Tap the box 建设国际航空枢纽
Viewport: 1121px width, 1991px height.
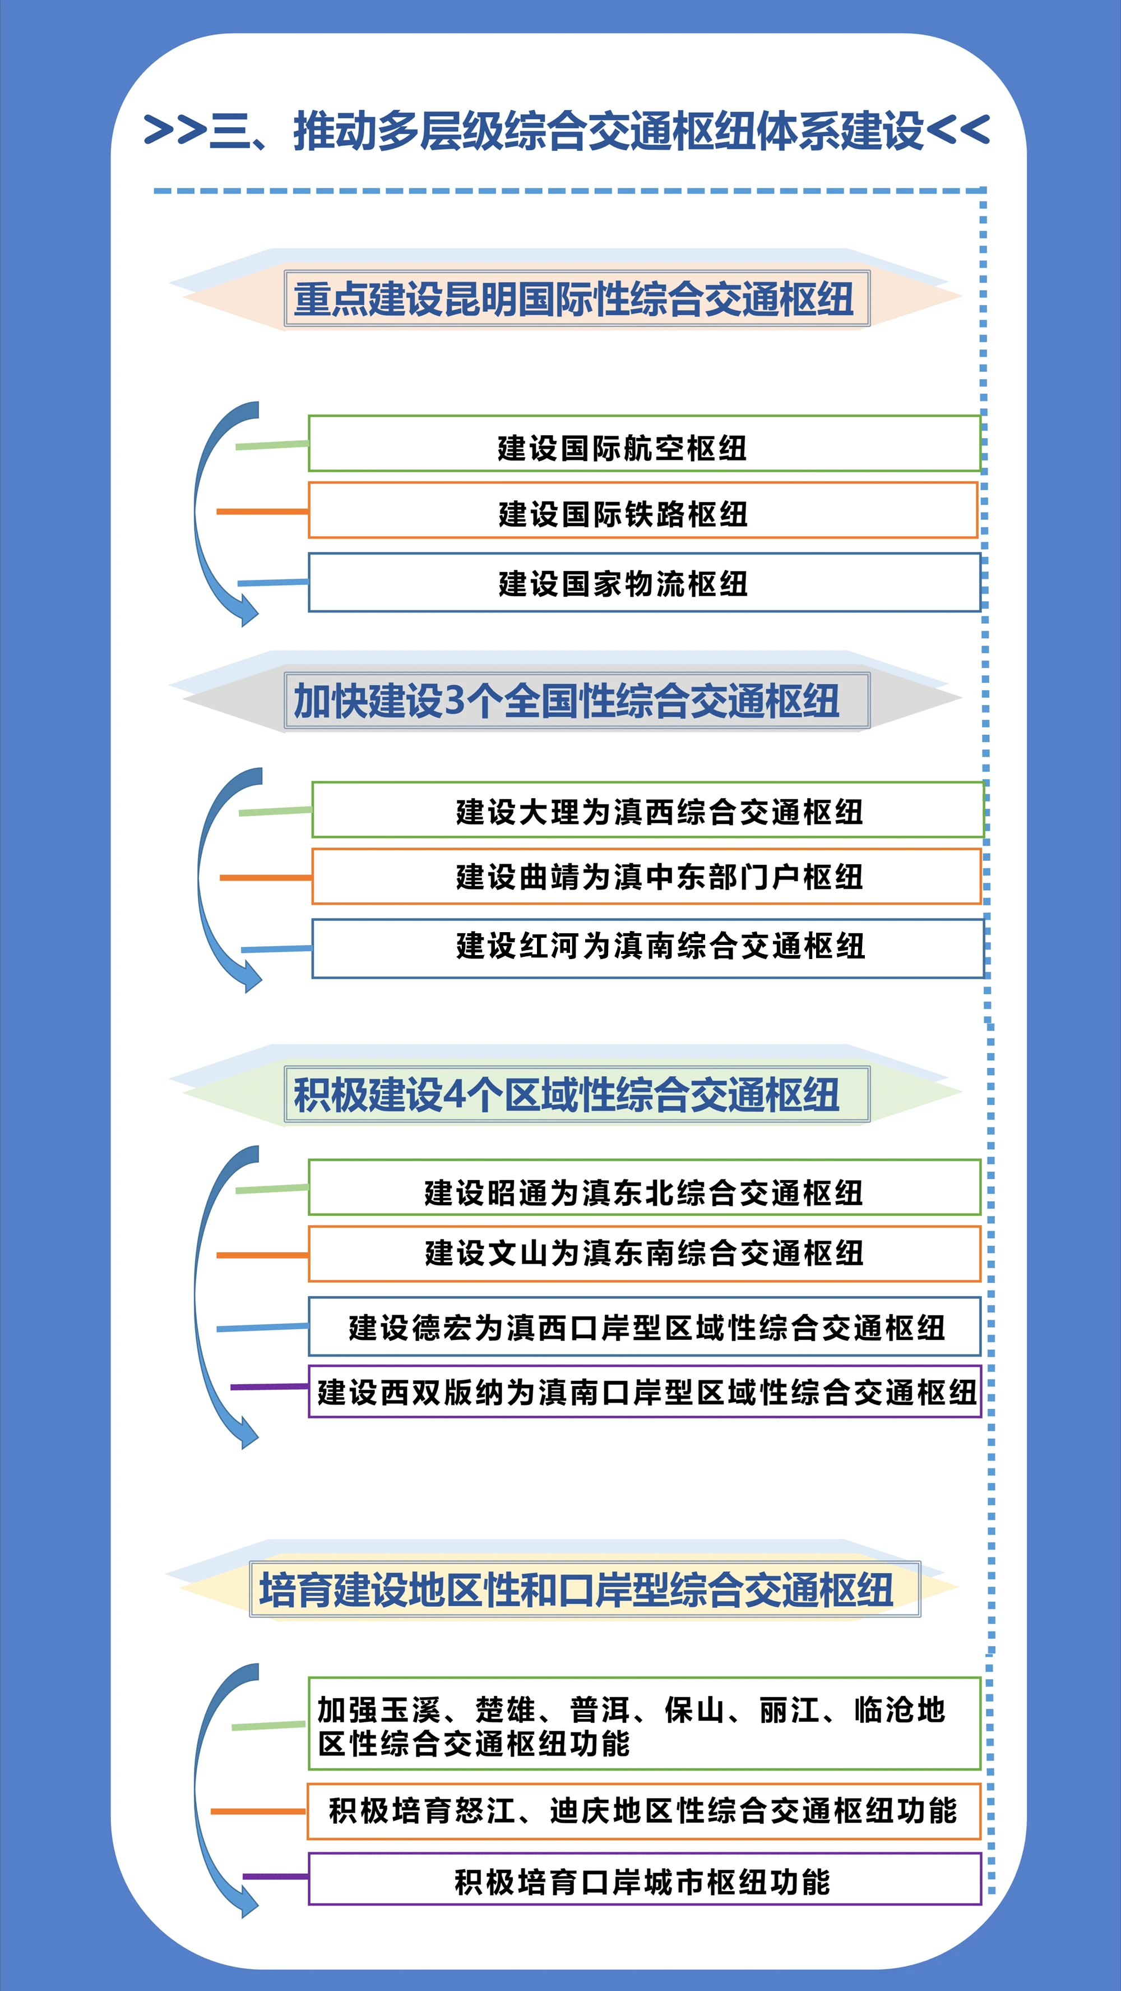[643, 444]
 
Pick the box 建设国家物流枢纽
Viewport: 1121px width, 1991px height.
[643, 583]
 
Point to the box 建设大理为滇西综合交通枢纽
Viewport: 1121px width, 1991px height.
[647, 810]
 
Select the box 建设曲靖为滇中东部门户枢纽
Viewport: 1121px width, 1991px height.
[646, 877]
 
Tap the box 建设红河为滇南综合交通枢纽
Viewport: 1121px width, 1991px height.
[647, 948]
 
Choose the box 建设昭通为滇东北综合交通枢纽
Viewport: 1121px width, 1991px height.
[643, 1188]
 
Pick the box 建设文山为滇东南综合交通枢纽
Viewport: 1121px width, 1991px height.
[643, 1253]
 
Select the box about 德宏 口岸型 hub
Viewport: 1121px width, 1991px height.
[643, 1327]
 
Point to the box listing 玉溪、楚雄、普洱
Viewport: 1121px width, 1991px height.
[643, 1723]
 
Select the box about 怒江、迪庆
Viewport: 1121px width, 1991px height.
[643, 1811]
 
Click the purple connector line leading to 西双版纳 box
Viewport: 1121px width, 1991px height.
[269, 1388]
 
